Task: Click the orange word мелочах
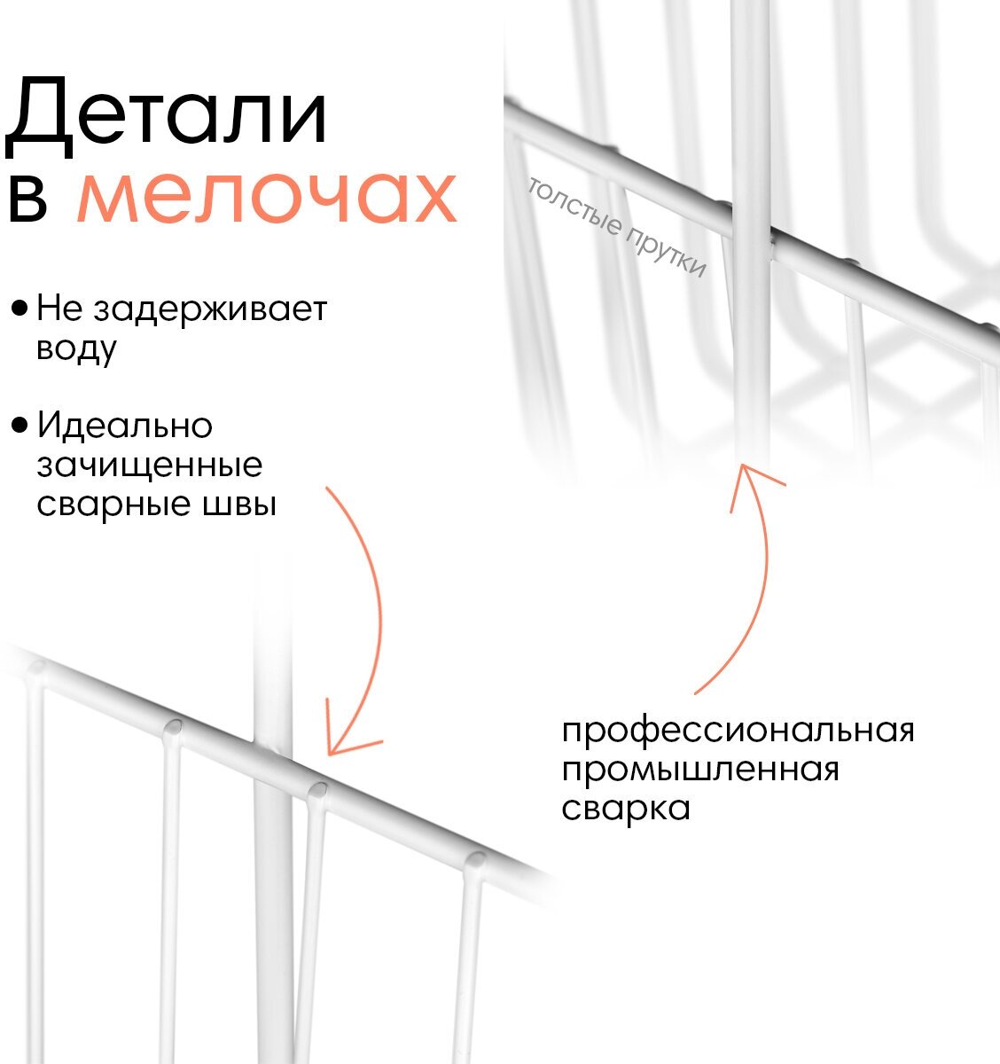(267, 198)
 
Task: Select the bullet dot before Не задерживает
(19, 309)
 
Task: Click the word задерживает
(210, 309)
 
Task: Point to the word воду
(76, 348)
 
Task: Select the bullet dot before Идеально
(19, 426)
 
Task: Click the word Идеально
(125, 426)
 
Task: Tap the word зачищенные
(149, 465)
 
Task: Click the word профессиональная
(738, 732)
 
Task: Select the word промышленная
(700, 771)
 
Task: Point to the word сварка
(626, 809)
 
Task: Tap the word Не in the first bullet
(59, 309)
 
